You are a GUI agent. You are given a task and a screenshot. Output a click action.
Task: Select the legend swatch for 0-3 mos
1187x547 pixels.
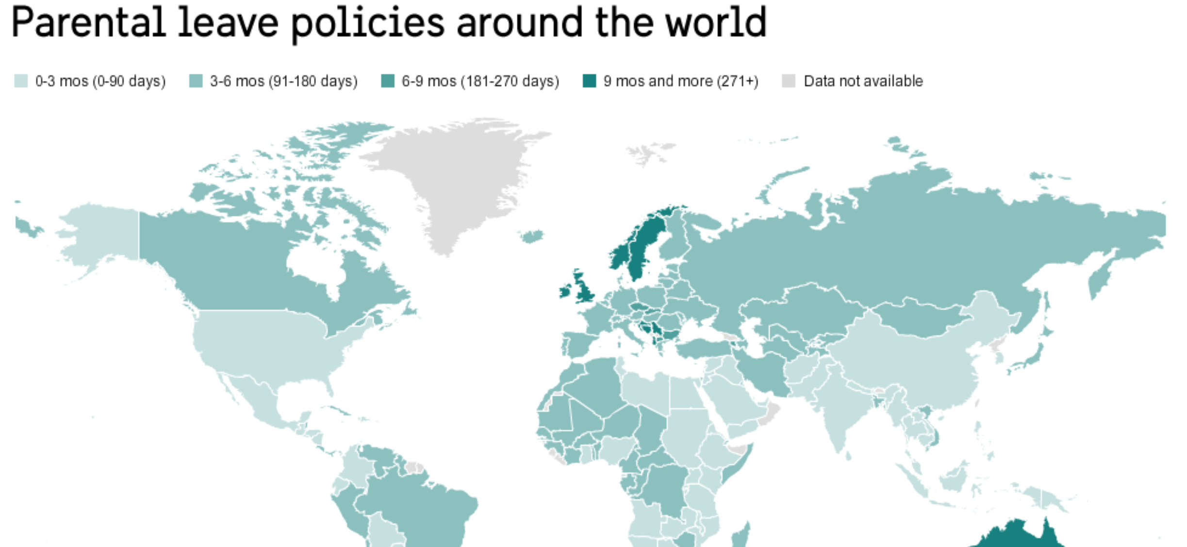[21, 81]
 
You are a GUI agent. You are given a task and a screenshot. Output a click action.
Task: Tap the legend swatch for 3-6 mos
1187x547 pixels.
[196, 81]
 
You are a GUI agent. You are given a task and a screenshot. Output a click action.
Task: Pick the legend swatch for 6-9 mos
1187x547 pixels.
[387, 81]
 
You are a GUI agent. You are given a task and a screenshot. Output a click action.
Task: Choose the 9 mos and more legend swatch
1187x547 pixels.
[589, 81]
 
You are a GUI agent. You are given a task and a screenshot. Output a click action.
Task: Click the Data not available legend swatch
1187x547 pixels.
[789, 81]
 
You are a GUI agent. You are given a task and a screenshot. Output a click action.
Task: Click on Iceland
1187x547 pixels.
[532, 236]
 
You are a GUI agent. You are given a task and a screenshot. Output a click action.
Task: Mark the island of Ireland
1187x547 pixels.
[565, 292]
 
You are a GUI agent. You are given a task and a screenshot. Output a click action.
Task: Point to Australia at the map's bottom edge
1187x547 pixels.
[1019, 536]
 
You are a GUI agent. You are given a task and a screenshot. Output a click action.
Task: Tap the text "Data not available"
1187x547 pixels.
[863, 81]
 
